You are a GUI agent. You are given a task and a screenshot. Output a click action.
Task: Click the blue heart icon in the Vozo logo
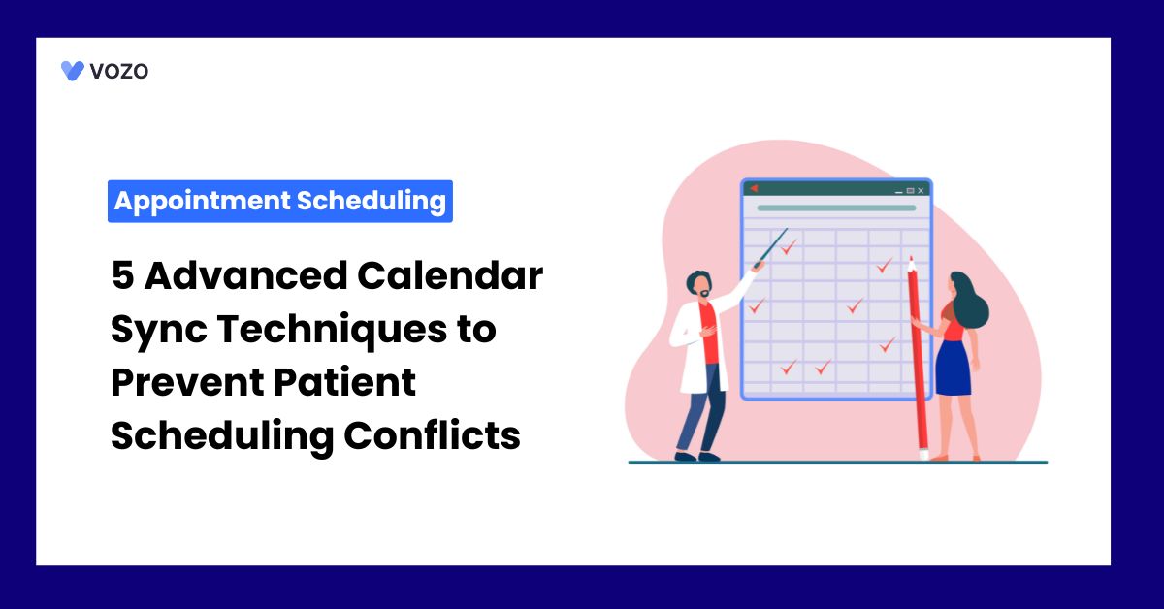(x=72, y=71)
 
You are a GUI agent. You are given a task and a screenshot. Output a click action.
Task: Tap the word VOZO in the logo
(x=119, y=71)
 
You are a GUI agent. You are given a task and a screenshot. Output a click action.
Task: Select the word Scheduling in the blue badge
(x=371, y=201)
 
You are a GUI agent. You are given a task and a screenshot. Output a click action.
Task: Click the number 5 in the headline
(x=122, y=275)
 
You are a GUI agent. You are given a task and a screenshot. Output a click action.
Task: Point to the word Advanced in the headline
(x=245, y=275)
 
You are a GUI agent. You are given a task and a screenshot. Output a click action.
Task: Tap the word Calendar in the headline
(x=450, y=275)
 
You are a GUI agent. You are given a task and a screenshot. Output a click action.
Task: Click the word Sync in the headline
(x=159, y=331)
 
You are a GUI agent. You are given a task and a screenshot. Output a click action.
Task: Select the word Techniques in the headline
(x=332, y=331)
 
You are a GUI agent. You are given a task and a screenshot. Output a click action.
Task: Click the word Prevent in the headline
(x=187, y=382)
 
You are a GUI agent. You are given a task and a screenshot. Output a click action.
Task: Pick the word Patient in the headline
(x=344, y=382)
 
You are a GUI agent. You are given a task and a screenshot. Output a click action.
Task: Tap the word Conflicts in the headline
(x=432, y=434)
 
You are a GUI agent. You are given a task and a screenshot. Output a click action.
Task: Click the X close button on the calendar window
(x=921, y=191)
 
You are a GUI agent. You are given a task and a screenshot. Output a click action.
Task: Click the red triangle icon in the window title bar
(x=754, y=188)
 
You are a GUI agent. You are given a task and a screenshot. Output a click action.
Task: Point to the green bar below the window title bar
(x=836, y=208)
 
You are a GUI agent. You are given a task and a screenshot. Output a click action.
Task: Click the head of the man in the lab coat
(x=699, y=285)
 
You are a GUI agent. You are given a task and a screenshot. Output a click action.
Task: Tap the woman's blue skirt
(x=953, y=369)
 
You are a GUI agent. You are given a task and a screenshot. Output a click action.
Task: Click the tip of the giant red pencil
(x=911, y=257)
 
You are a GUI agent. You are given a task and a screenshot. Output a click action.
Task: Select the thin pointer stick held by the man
(x=773, y=247)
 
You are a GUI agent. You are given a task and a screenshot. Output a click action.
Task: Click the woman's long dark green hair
(x=970, y=301)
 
